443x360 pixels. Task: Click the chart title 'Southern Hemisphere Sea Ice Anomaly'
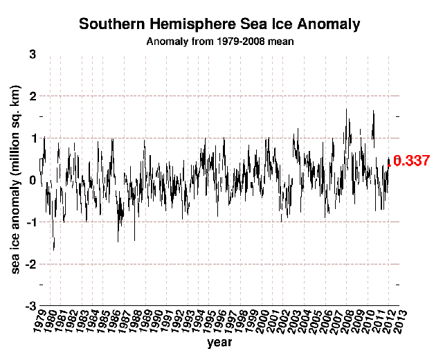(219, 24)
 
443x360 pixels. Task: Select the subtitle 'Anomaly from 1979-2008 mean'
(219, 41)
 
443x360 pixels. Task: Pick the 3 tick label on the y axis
(32, 53)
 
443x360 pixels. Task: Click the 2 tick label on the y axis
(32, 96)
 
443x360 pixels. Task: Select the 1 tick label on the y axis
(32, 138)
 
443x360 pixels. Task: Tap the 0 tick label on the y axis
(32, 180)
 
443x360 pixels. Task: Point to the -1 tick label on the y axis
(30, 222)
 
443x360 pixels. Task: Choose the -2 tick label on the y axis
(30, 264)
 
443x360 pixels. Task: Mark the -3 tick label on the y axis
(30, 307)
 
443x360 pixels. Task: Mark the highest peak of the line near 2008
(346, 109)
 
